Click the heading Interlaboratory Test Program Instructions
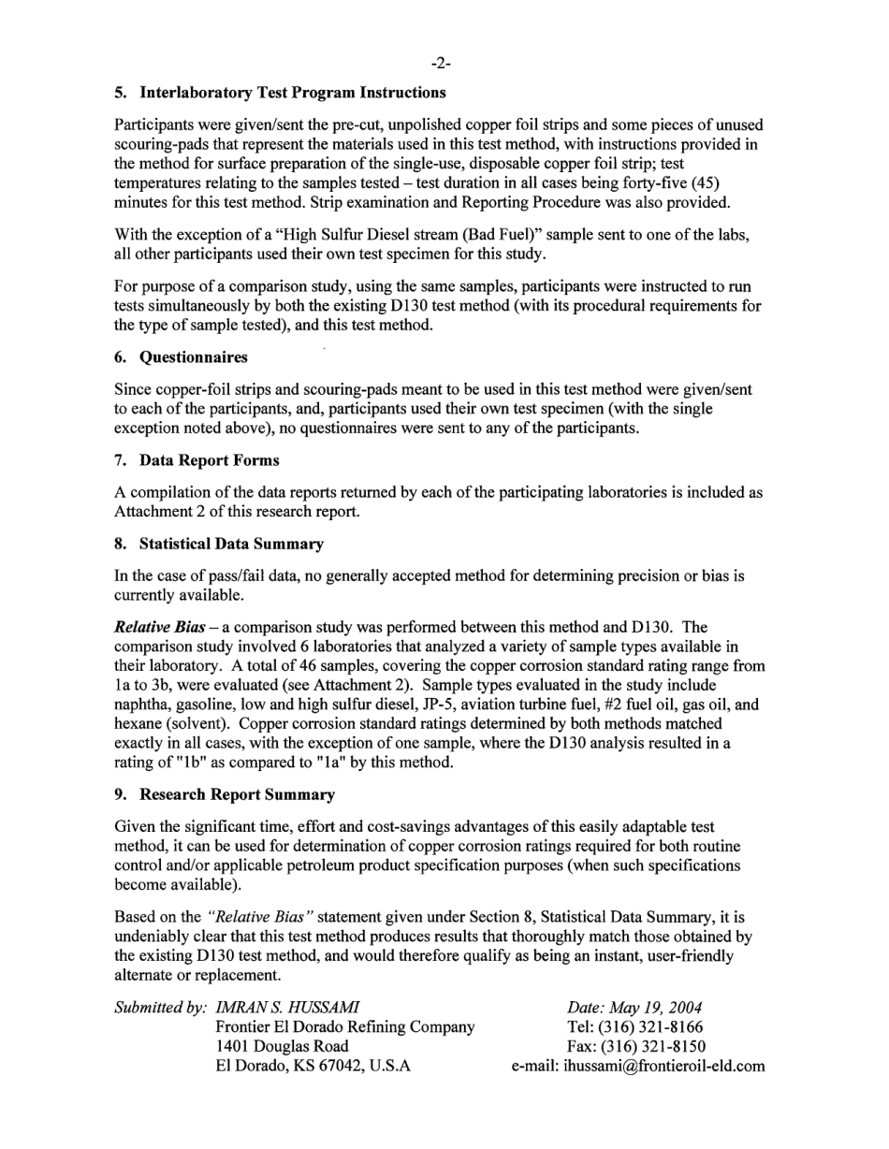point(292,93)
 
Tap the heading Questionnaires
point(194,357)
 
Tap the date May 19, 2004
point(634,1008)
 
